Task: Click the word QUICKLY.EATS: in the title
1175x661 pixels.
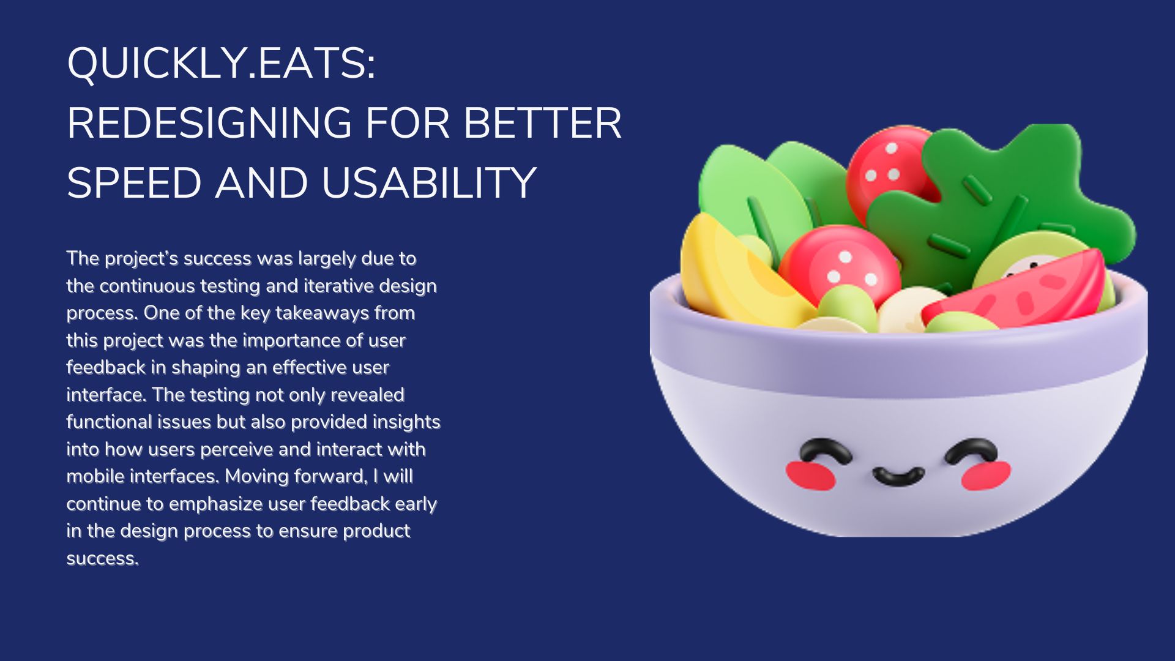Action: [x=222, y=64]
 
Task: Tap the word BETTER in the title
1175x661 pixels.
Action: [x=542, y=123]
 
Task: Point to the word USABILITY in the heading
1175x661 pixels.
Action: [x=428, y=183]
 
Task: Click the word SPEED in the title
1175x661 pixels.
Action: [x=134, y=183]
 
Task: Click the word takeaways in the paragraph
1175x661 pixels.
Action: [x=322, y=313]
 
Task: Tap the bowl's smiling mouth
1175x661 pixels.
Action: [x=898, y=476]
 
